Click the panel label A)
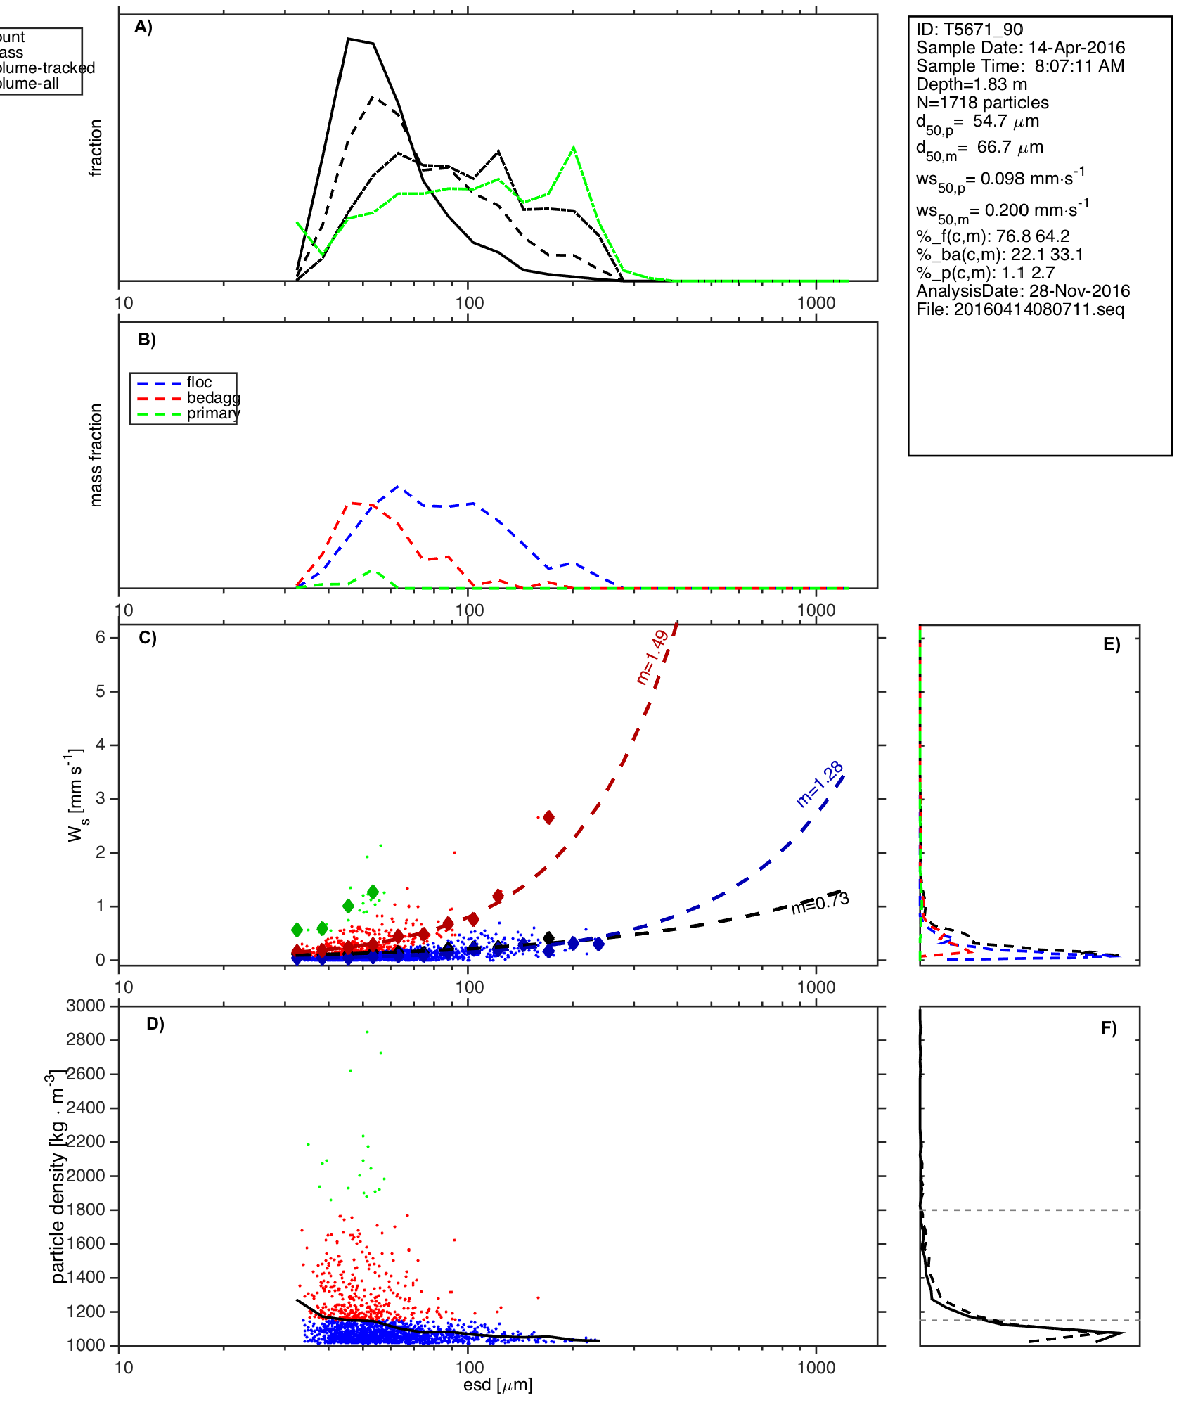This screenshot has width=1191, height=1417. tap(143, 27)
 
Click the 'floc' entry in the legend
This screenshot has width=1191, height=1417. tap(199, 383)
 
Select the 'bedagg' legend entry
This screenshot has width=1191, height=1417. tap(213, 398)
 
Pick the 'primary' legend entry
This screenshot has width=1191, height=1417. tap(213, 413)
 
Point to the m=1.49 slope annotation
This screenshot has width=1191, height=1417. tap(652, 658)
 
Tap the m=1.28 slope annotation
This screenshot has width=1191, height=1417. tap(820, 784)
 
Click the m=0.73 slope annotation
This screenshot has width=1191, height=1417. tap(820, 903)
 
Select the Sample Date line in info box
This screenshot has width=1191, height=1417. tap(1020, 48)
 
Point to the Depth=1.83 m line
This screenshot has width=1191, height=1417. tap(971, 84)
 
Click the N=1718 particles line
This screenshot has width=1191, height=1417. tap(982, 103)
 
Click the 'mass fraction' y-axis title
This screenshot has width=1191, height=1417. tap(96, 455)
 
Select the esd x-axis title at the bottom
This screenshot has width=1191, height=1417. tap(498, 1385)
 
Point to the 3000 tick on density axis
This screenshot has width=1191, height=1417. tap(85, 1006)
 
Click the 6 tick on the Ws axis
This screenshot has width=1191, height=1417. tap(101, 637)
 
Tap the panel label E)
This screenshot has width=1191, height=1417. tap(1112, 645)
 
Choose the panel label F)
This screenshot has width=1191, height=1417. tap(1109, 1028)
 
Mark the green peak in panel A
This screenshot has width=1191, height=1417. tap(574, 148)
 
